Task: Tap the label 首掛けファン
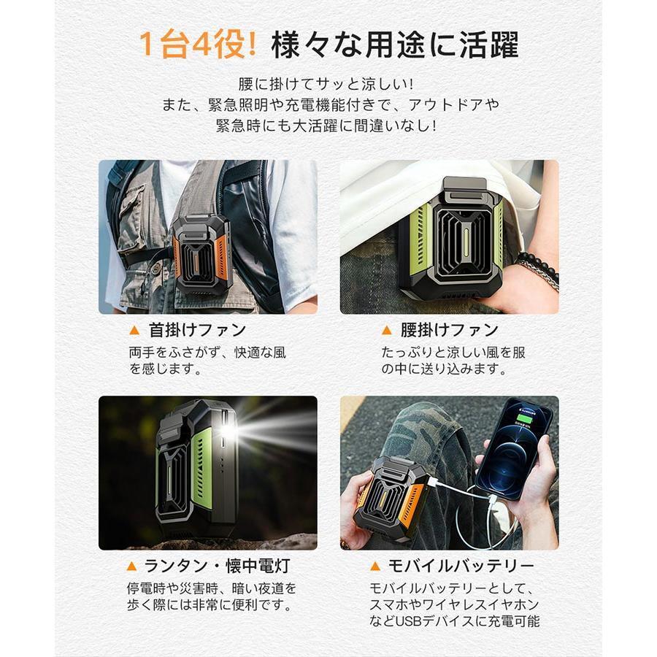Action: [197, 330]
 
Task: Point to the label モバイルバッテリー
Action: [462, 566]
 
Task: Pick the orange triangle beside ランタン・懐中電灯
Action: [131, 566]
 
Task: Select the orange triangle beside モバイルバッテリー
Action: [375, 566]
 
